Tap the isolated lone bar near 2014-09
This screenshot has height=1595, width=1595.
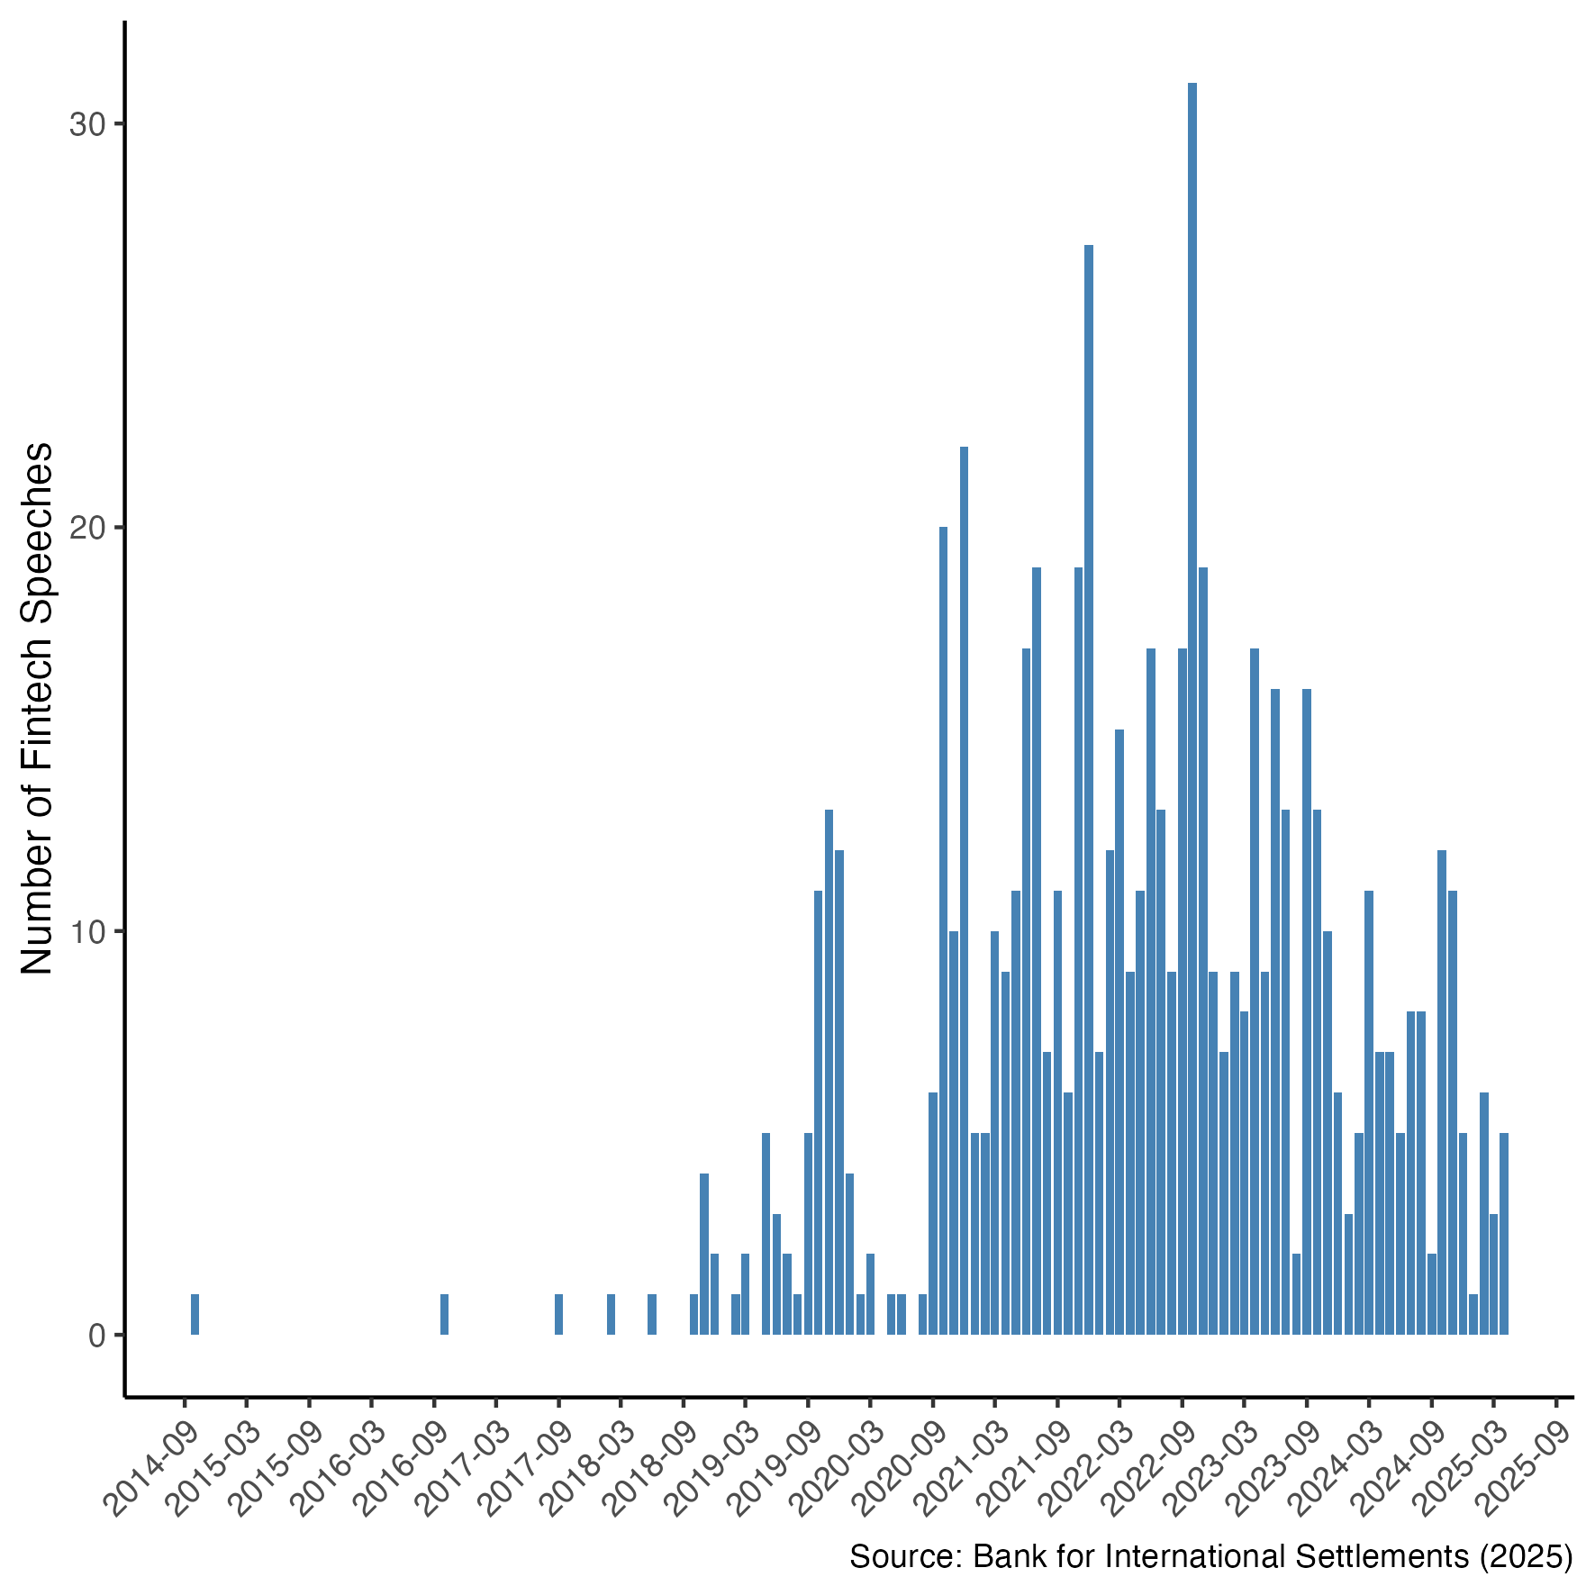click(195, 1314)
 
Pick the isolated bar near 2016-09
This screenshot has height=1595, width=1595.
click(444, 1314)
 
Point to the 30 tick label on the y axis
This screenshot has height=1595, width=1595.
click(87, 125)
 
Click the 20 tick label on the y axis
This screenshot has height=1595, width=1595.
click(87, 529)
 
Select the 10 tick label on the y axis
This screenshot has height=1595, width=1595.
click(87, 932)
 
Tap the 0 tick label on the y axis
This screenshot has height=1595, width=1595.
click(97, 1336)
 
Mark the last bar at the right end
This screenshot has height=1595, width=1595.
click(1503, 1234)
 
